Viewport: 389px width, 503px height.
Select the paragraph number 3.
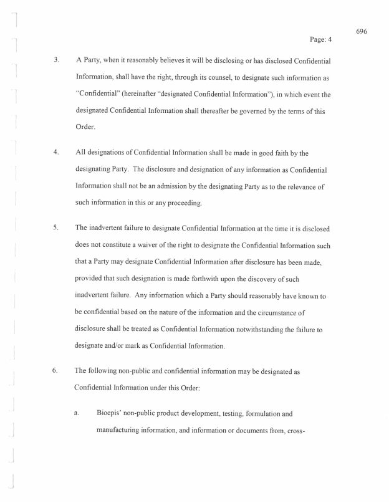tap(57, 60)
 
